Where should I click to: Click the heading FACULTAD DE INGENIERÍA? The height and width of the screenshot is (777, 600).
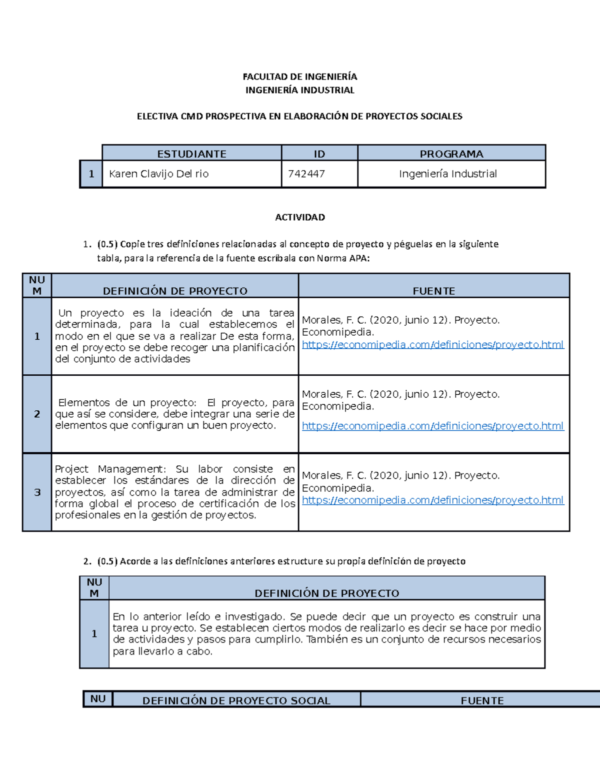[299, 77]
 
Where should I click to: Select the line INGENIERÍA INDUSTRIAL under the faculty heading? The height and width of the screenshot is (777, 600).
[299, 90]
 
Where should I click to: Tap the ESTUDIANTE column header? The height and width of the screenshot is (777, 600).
[191, 154]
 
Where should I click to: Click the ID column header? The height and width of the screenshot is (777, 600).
[319, 154]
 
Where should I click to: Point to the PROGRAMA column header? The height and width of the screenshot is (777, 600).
[451, 154]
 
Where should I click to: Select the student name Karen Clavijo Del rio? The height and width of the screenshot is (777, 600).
[158, 174]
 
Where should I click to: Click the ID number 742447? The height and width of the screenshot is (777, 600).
[306, 174]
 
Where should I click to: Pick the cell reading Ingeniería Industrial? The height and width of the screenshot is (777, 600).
[447, 174]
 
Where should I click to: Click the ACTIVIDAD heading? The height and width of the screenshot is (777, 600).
[299, 217]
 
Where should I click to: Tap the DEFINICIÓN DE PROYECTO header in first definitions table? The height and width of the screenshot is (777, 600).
[175, 291]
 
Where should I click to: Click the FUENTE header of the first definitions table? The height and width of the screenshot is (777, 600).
[433, 291]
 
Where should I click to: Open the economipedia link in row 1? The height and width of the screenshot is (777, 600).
[432, 344]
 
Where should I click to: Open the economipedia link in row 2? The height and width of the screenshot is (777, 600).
[432, 426]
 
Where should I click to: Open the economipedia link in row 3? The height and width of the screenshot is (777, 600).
[432, 500]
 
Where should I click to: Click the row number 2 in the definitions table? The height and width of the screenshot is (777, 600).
[37, 414]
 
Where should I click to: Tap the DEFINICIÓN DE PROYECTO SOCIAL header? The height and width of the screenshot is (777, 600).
[236, 700]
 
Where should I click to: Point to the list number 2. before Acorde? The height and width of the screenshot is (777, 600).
[87, 561]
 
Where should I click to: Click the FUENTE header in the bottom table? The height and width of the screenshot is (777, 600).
[482, 700]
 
